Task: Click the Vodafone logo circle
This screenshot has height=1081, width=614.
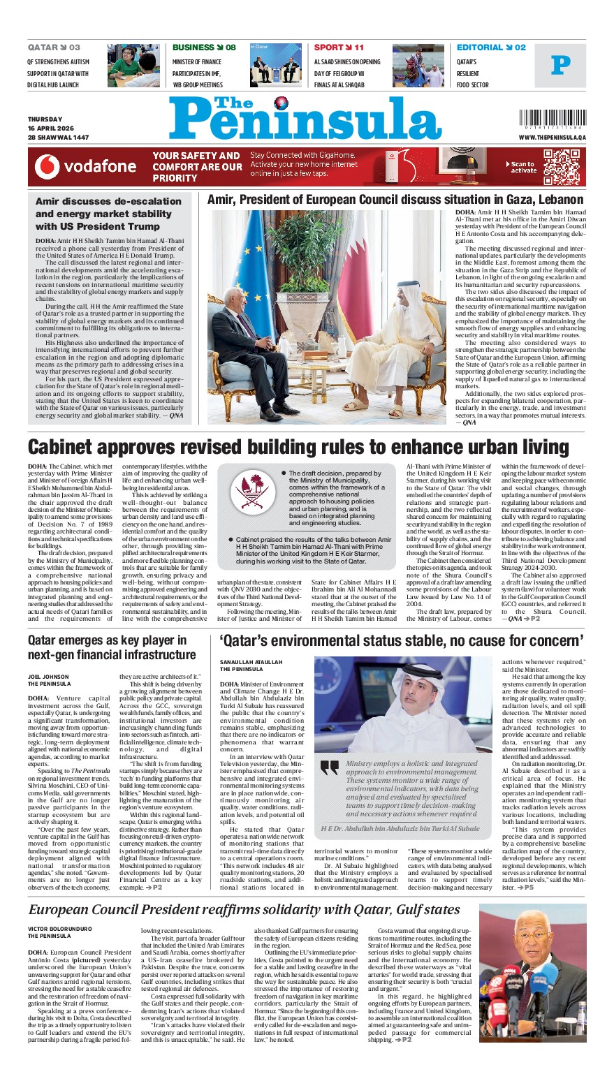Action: [47, 167]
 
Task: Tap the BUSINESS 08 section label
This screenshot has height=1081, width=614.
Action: [204, 47]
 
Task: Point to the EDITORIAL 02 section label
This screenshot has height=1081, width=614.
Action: [491, 47]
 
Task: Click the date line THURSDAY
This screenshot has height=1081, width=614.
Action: [45, 119]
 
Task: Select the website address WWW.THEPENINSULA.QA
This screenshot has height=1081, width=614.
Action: [552, 138]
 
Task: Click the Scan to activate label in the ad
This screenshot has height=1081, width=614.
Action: [523, 167]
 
